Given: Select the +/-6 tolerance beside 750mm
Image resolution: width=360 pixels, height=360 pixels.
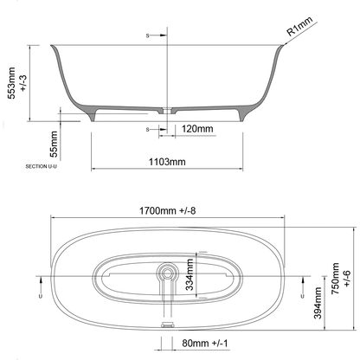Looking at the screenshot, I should pyautogui.click(x=348, y=278).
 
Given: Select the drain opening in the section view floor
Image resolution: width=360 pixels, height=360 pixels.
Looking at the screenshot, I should pyautogui.click(x=165, y=111).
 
